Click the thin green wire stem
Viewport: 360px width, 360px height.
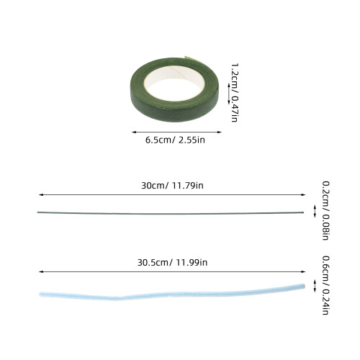pyautogui.click(x=171, y=213)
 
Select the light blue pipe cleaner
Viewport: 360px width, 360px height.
pyautogui.click(x=171, y=294)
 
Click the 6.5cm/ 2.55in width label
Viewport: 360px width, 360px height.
pyautogui.click(x=175, y=140)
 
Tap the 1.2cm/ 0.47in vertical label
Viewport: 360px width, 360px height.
pyautogui.click(x=235, y=93)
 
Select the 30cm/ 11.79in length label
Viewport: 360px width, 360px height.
pyautogui.click(x=172, y=186)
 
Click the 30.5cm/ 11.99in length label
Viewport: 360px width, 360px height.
pyautogui.click(x=172, y=262)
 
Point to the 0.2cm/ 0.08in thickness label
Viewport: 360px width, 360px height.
pyautogui.click(x=325, y=211)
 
